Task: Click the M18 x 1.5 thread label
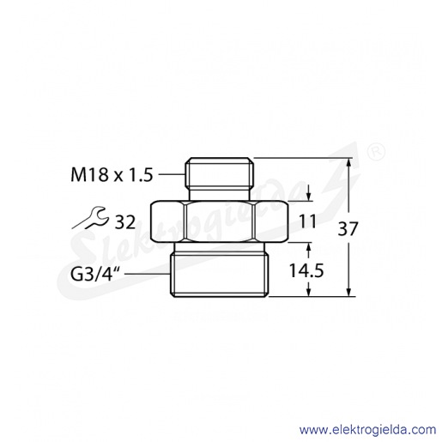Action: (112, 175)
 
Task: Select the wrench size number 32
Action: (124, 222)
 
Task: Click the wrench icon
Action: (90, 218)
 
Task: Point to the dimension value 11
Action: (307, 221)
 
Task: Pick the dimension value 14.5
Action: (306, 270)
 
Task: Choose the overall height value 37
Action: (348, 229)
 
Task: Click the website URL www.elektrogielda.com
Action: (367, 430)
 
